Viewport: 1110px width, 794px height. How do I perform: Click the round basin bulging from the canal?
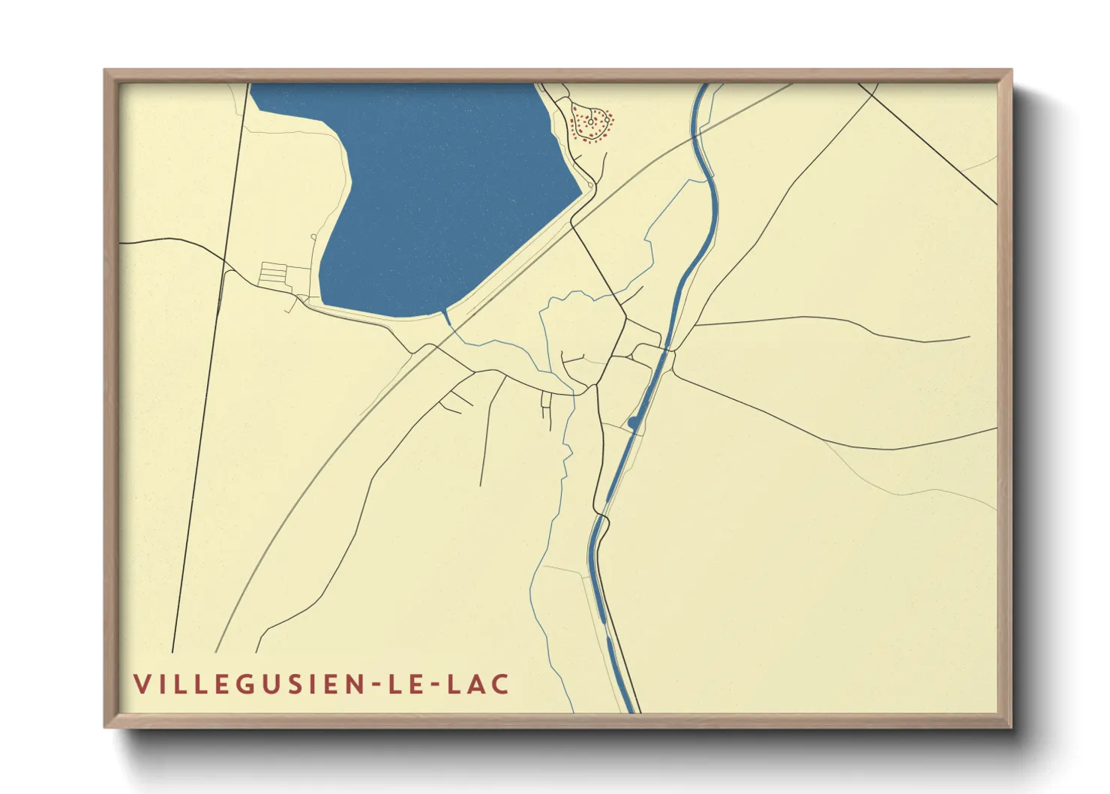[634, 423]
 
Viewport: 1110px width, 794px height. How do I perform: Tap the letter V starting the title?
[141, 684]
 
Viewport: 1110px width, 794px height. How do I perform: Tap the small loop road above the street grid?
[313, 239]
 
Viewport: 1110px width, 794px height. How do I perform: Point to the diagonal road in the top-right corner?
[930, 143]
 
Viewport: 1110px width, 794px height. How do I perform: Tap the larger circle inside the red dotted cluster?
[591, 120]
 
